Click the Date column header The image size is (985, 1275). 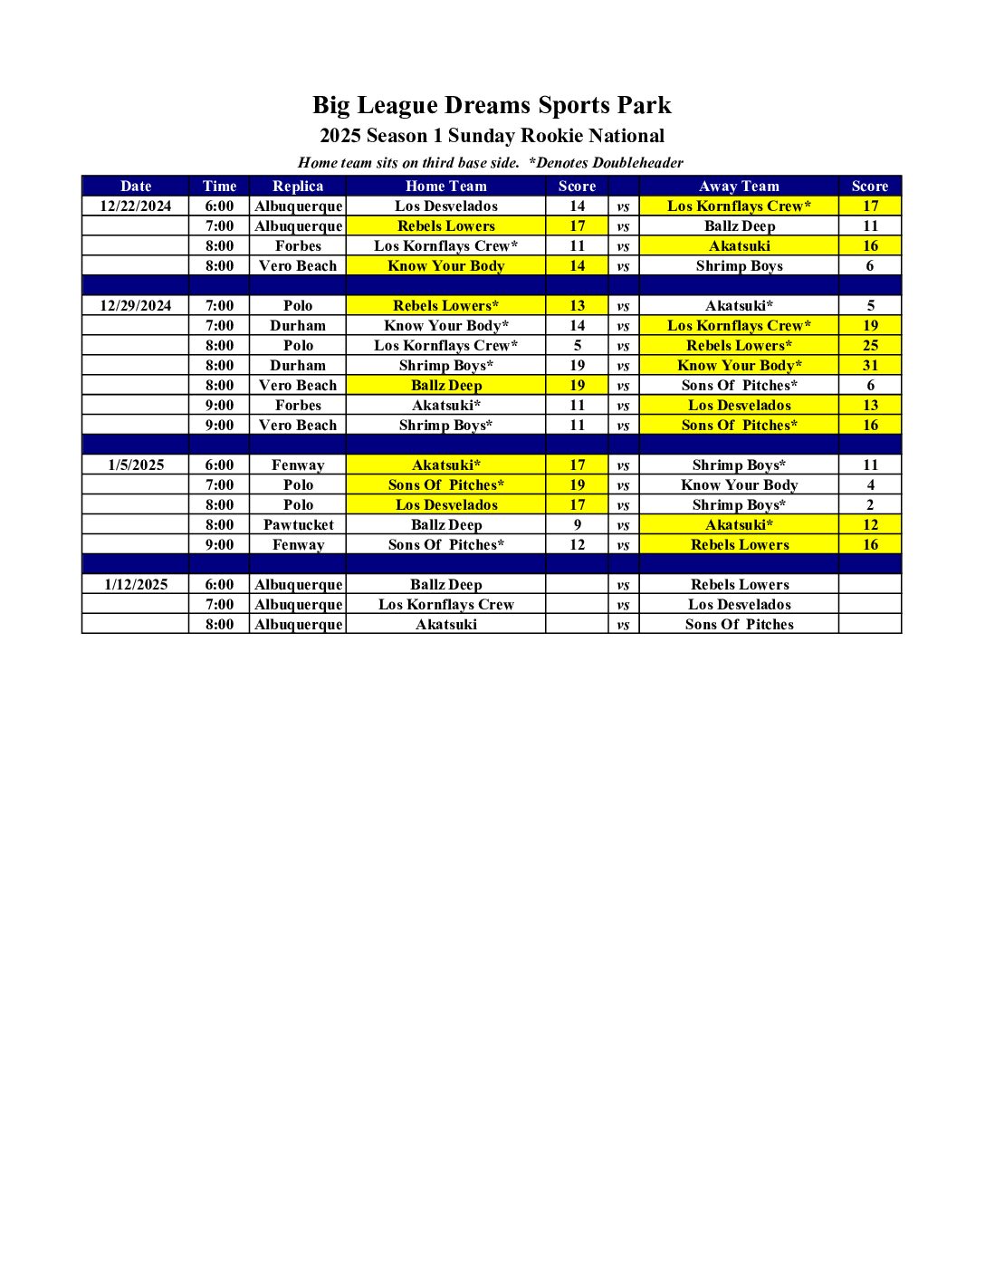(x=136, y=186)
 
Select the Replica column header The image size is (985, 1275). (x=298, y=186)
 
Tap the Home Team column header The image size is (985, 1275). (x=445, y=186)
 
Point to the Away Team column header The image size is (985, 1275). (x=739, y=186)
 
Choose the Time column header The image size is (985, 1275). (x=219, y=186)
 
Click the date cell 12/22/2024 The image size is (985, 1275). (x=136, y=206)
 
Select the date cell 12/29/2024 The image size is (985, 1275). (x=136, y=305)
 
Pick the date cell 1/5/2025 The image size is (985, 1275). (x=136, y=465)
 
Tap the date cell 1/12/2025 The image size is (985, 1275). (x=136, y=584)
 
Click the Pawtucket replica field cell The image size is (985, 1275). (x=298, y=524)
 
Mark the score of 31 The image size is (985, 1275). (x=870, y=365)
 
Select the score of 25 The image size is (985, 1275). (x=870, y=345)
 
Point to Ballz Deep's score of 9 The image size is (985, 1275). (x=578, y=524)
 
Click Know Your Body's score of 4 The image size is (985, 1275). (x=870, y=484)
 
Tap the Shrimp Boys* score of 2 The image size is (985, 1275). (x=870, y=504)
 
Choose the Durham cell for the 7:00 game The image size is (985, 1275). (x=298, y=325)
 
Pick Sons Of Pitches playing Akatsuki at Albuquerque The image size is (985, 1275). (x=739, y=624)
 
